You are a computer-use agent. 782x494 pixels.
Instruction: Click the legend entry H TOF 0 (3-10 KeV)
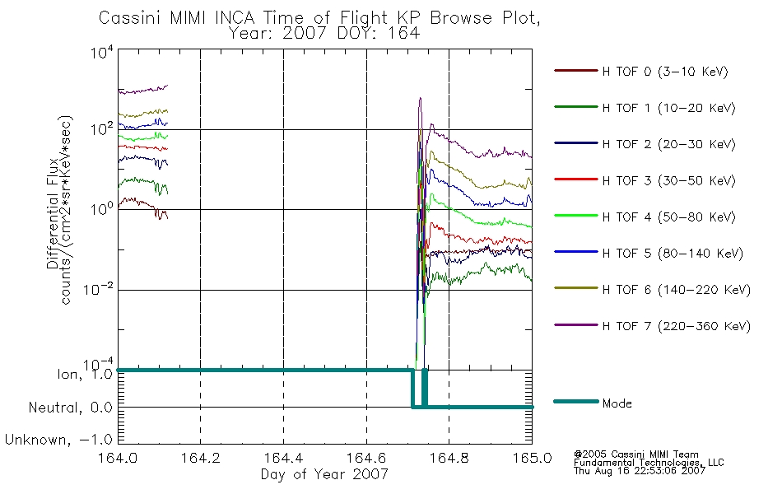[x=665, y=72]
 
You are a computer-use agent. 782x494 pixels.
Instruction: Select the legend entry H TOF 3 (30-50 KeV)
[x=668, y=180]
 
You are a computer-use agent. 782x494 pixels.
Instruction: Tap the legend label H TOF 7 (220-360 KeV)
[x=676, y=326]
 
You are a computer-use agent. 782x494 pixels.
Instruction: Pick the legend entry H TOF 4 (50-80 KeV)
[x=668, y=217]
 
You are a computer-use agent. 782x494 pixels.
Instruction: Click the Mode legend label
[x=617, y=403]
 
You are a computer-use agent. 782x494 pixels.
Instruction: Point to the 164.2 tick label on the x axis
[x=201, y=458]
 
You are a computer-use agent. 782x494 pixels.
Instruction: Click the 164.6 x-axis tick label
[x=366, y=458]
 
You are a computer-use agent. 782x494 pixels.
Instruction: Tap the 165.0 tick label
[x=532, y=458]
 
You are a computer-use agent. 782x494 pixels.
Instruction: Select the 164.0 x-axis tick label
[x=118, y=458]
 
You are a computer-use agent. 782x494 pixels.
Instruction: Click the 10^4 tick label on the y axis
[x=102, y=52]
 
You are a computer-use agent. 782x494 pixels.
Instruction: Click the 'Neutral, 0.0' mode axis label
[x=70, y=408]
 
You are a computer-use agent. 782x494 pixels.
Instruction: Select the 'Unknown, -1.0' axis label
[x=58, y=440]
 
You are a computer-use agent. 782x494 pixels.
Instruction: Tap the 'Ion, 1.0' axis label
[x=85, y=375]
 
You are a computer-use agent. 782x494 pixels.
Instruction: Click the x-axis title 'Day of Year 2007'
[x=324, y=474]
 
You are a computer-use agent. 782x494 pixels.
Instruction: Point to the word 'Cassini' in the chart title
[x=130, y=18]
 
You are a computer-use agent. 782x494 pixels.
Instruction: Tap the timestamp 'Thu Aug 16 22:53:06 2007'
[x=640, y=471]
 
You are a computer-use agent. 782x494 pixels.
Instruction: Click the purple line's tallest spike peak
[x=420, y=98]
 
